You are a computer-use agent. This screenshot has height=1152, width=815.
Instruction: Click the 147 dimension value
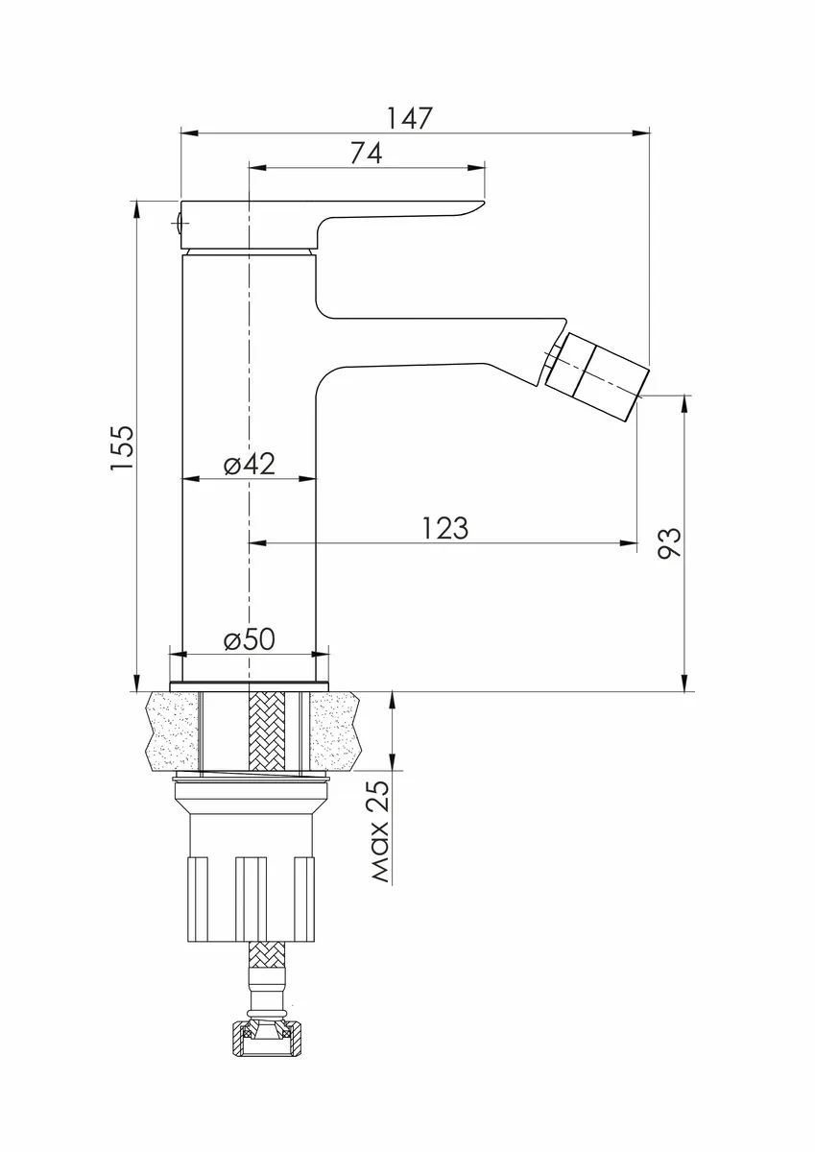(409, 118)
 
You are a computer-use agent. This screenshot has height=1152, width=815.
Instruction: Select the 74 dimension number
(366, 153)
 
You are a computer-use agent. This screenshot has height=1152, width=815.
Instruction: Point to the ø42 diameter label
(250, 464)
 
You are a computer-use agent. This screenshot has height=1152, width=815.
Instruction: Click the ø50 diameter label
(250, 639)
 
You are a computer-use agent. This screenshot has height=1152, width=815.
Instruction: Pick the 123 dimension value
(445, 528)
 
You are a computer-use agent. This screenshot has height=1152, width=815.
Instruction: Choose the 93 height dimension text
(669, 542)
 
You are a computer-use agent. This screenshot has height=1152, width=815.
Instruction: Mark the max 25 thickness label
(380, 832)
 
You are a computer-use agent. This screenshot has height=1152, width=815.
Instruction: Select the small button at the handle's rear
(178, 223)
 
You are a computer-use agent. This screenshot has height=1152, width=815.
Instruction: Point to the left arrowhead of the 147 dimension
(189, 133)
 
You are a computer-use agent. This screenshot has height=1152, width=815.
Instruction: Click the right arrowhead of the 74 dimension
(477, 167)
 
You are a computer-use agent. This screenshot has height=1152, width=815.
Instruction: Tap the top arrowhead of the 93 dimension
(684, 404)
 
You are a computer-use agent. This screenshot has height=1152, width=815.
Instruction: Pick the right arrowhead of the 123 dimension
(629, 542)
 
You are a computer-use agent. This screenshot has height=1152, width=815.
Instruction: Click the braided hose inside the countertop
(266, 732)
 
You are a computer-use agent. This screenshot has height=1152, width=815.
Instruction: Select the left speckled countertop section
(173, 732)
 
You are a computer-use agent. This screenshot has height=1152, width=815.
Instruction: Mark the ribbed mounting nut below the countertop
(251, 899)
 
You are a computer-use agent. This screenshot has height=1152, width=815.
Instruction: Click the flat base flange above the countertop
(250, 686)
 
